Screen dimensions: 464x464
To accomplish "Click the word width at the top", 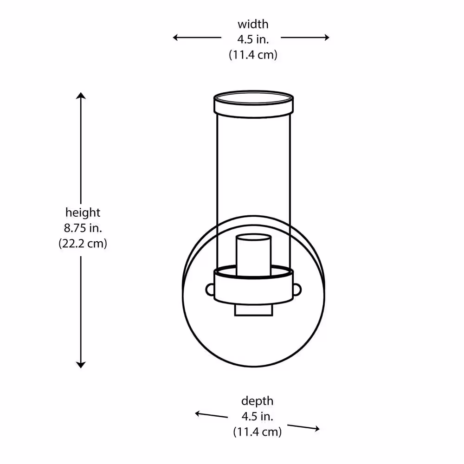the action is coord(253,24).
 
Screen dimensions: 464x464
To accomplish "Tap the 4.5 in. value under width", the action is coord(253,39).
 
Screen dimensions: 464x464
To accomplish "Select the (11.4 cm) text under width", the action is coord(253,55).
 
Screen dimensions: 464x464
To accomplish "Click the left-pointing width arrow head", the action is coord(175,37).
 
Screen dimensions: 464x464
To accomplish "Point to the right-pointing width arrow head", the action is coord(327,37).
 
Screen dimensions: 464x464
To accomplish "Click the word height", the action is coord(83,213).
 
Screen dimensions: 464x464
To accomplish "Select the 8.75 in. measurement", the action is coord(83,228).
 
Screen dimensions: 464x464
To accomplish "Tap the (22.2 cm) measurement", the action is coord(83,243).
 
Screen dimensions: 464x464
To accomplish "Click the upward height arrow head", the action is coord(81,96).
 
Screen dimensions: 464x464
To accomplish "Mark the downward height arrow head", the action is coord(81,365).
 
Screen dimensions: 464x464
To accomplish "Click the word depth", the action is coord(257,401).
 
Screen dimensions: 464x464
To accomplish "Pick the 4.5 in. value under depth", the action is coord(257,416).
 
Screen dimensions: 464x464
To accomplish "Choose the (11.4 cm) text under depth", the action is coord(257,432).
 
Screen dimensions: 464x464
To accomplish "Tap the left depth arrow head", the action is coord(197,414).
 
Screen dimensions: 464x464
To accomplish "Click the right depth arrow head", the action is coord(317,428).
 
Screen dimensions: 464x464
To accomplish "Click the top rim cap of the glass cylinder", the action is coord(254,104).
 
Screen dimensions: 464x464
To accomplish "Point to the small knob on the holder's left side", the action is coord(210,290).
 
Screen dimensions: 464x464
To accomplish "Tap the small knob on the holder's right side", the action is coord(297,290).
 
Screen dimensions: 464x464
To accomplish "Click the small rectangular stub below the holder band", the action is coord(254,310).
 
